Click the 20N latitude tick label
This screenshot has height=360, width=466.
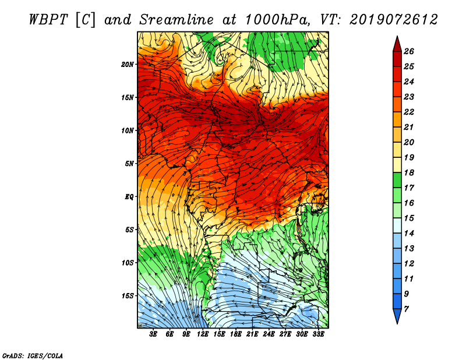(127, 65)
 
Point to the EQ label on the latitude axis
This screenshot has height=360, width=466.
(129, 197)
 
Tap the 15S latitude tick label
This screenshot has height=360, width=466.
(127, 296)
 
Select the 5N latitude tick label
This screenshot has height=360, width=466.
(129, 164)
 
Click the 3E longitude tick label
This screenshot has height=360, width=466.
(153, 334)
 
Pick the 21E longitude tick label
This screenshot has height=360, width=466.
(252, 334)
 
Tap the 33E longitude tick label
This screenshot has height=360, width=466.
(318, 334)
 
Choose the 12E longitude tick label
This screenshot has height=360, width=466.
(202, 334)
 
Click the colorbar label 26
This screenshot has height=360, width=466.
(409, 51)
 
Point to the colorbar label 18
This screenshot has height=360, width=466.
(409, 172)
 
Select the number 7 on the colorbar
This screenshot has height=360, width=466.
(406, 309)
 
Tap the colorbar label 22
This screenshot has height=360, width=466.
(409, 112)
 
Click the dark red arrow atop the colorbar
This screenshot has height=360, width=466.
(397, 45)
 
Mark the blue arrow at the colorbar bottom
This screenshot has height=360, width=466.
(397, 316)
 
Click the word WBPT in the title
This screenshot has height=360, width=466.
(49, 20)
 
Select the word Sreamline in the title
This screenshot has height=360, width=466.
(176, 20)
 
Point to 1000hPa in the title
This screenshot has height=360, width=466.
(277, 20)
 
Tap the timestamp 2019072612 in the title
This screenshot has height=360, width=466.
(394, 20)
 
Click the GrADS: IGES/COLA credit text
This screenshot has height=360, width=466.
(33, 356)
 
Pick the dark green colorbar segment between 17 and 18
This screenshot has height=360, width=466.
(397, 180)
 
